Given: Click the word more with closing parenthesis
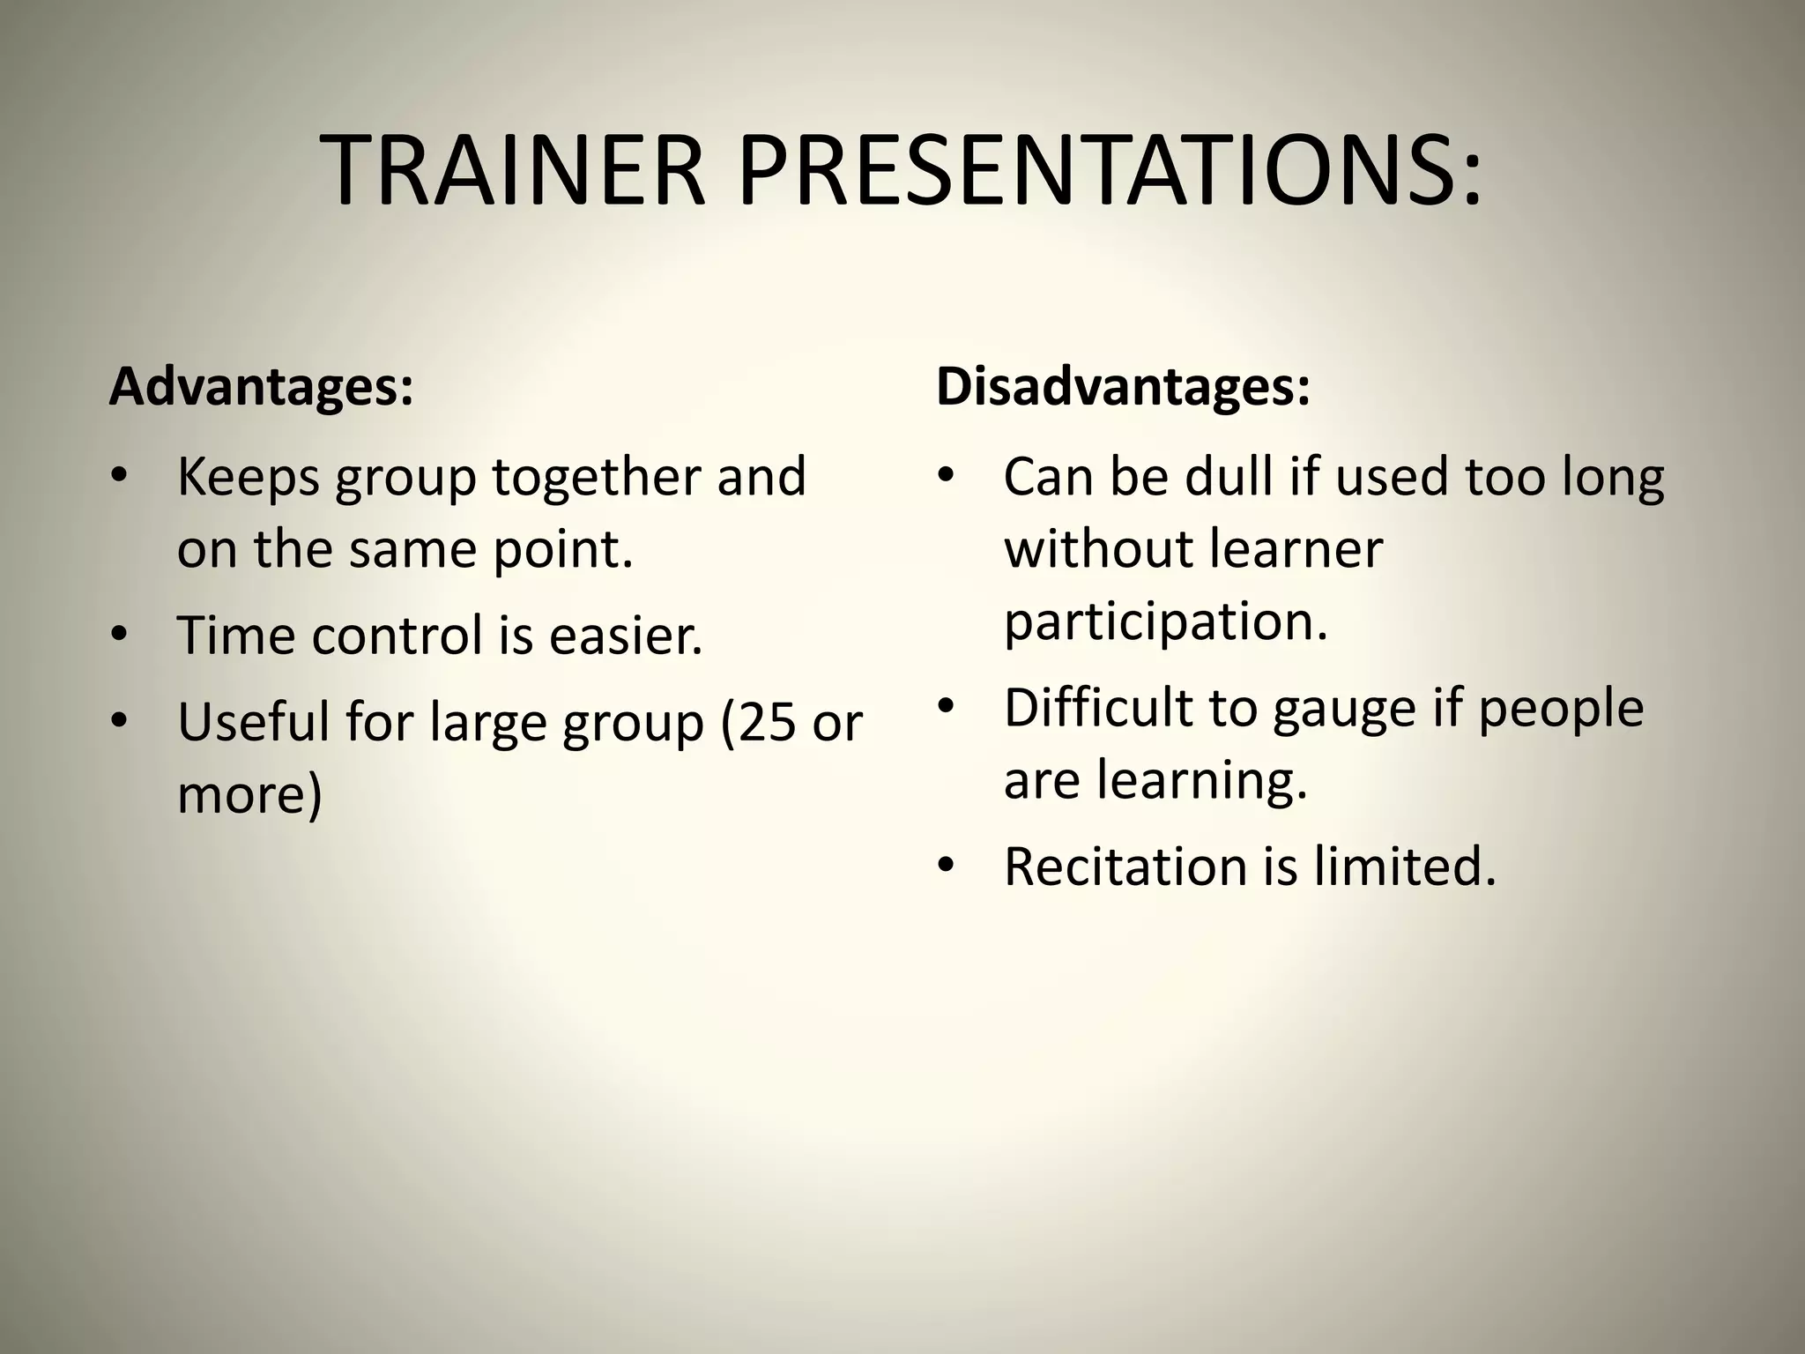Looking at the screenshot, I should pos(249,794).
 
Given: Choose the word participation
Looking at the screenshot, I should pos(1165,621).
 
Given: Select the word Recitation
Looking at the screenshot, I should pos(1125,867).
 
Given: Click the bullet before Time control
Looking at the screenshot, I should pos(120,635).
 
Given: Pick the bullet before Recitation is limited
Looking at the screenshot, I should pos(947,866).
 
